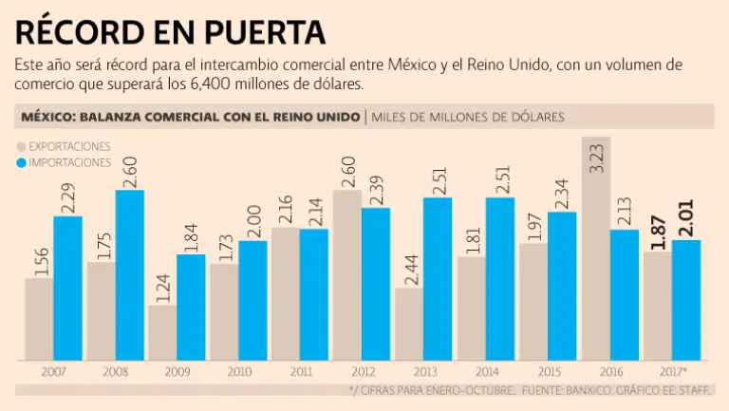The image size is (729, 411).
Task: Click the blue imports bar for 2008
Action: [130, 275]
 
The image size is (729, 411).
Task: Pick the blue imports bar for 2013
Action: [439, 279]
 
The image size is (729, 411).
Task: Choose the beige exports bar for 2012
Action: [347, 275]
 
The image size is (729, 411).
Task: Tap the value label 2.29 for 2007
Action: [68, 198]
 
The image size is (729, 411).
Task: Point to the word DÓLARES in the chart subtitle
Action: [533, 117]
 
